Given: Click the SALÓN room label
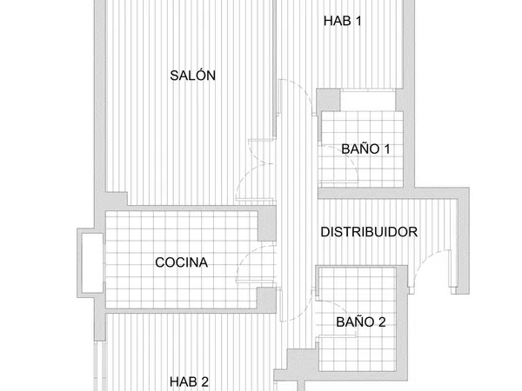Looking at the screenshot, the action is coord(193,76).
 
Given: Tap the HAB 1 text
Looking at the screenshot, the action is coord(342,21).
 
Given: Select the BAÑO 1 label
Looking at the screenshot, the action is coord(365,149).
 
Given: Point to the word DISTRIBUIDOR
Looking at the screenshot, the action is coord(369,232).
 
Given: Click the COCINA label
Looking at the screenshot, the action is coord(182,262).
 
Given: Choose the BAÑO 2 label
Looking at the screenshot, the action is coord(361,321).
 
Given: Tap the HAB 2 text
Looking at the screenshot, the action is coord(189,381).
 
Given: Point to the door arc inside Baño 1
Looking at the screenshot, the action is coord(350,159).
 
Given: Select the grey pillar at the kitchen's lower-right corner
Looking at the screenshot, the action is coord(267,300).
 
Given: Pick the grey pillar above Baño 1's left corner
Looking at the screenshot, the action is coord(328,99).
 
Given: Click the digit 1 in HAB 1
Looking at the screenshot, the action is coord(358,21).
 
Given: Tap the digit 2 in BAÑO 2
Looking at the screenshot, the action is coord(382,321).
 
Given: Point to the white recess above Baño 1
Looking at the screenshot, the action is coord(368,100).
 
